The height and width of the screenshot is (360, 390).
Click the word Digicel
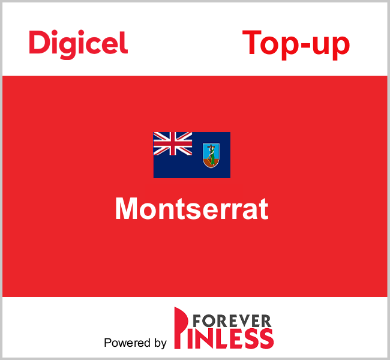point(79,44)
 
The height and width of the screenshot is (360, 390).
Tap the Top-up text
point(296,45)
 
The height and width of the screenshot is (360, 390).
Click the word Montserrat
point(192,208)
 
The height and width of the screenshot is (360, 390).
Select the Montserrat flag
point(192,155)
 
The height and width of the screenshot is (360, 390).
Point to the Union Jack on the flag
point(173,143)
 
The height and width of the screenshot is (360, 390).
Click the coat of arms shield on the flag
point(211,155)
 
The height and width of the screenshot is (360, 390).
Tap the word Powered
point(127,343)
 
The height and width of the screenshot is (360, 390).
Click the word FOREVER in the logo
point(232,321)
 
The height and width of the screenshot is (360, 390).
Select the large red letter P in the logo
point(181,328)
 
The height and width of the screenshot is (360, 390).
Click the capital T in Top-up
point(252,42)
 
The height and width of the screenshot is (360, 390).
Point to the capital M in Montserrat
point(127,208)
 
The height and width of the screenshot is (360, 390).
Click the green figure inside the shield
point(211,155)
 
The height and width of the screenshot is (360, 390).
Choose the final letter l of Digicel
point(125,42)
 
